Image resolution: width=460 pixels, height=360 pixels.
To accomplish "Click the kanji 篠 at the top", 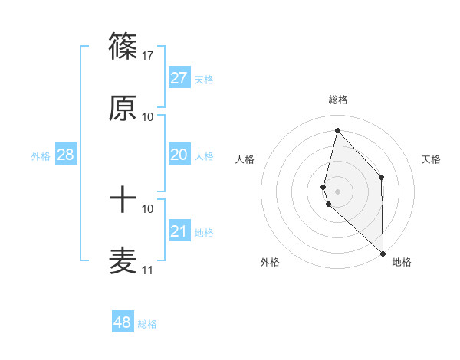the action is (x=123, y=47).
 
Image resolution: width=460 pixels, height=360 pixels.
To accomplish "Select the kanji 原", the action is (x=123, y=109).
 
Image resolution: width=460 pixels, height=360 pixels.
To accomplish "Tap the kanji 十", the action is (x=123, y=201).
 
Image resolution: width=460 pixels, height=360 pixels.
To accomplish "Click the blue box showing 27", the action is (x=179, y=78).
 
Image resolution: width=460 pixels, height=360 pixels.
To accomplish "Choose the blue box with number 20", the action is (x=179, y=155).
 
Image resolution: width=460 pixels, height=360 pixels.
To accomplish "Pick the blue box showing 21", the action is (x=179, y=231).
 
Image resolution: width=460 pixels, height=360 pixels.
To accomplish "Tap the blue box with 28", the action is (x=66, y=155).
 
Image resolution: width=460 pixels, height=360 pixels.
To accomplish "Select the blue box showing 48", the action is (x=123, y=322).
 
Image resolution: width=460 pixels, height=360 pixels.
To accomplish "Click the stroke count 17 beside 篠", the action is (x=148, y=56).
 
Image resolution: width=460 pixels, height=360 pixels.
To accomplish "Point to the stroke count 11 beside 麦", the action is (x=147, y=270).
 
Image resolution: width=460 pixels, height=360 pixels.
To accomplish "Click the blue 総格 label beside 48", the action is (x=147, y=324).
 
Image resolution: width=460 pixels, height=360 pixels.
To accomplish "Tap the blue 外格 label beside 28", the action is (x=41, y=155).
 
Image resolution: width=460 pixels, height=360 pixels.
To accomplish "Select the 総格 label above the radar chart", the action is (x=337, y=100).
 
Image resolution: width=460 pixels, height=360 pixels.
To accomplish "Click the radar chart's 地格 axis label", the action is (x=402, y=262).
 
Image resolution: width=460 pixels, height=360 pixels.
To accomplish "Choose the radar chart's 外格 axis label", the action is (x=270, y=262).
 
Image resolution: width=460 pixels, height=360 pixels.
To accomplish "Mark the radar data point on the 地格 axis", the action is (x=383, y=253).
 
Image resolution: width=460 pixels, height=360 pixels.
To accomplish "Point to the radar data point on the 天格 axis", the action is (x=381, y=178).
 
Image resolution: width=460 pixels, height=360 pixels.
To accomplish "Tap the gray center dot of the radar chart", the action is (x=337, y=191).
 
